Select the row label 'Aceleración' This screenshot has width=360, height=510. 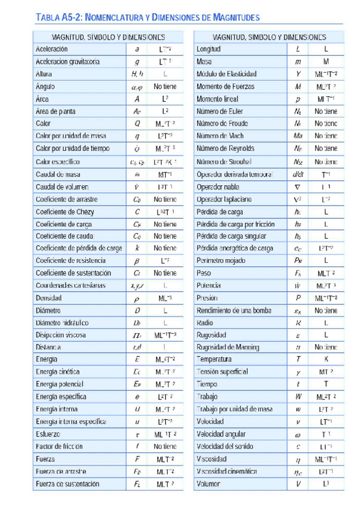[x=52, y=49]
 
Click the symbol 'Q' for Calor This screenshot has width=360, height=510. [x=137, y=123]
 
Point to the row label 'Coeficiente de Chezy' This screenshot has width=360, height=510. [x=65, y=211]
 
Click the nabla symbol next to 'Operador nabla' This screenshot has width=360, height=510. [x=297, y=186]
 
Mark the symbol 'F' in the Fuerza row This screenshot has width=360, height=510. [x=138, y=459]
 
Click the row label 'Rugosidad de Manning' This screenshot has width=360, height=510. [x=227, y=347]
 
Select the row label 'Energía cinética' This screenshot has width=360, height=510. [x=58, y=372]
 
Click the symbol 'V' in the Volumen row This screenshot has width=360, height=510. [x=297, y=484]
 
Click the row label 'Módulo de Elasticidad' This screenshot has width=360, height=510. [x=227, y=74]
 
